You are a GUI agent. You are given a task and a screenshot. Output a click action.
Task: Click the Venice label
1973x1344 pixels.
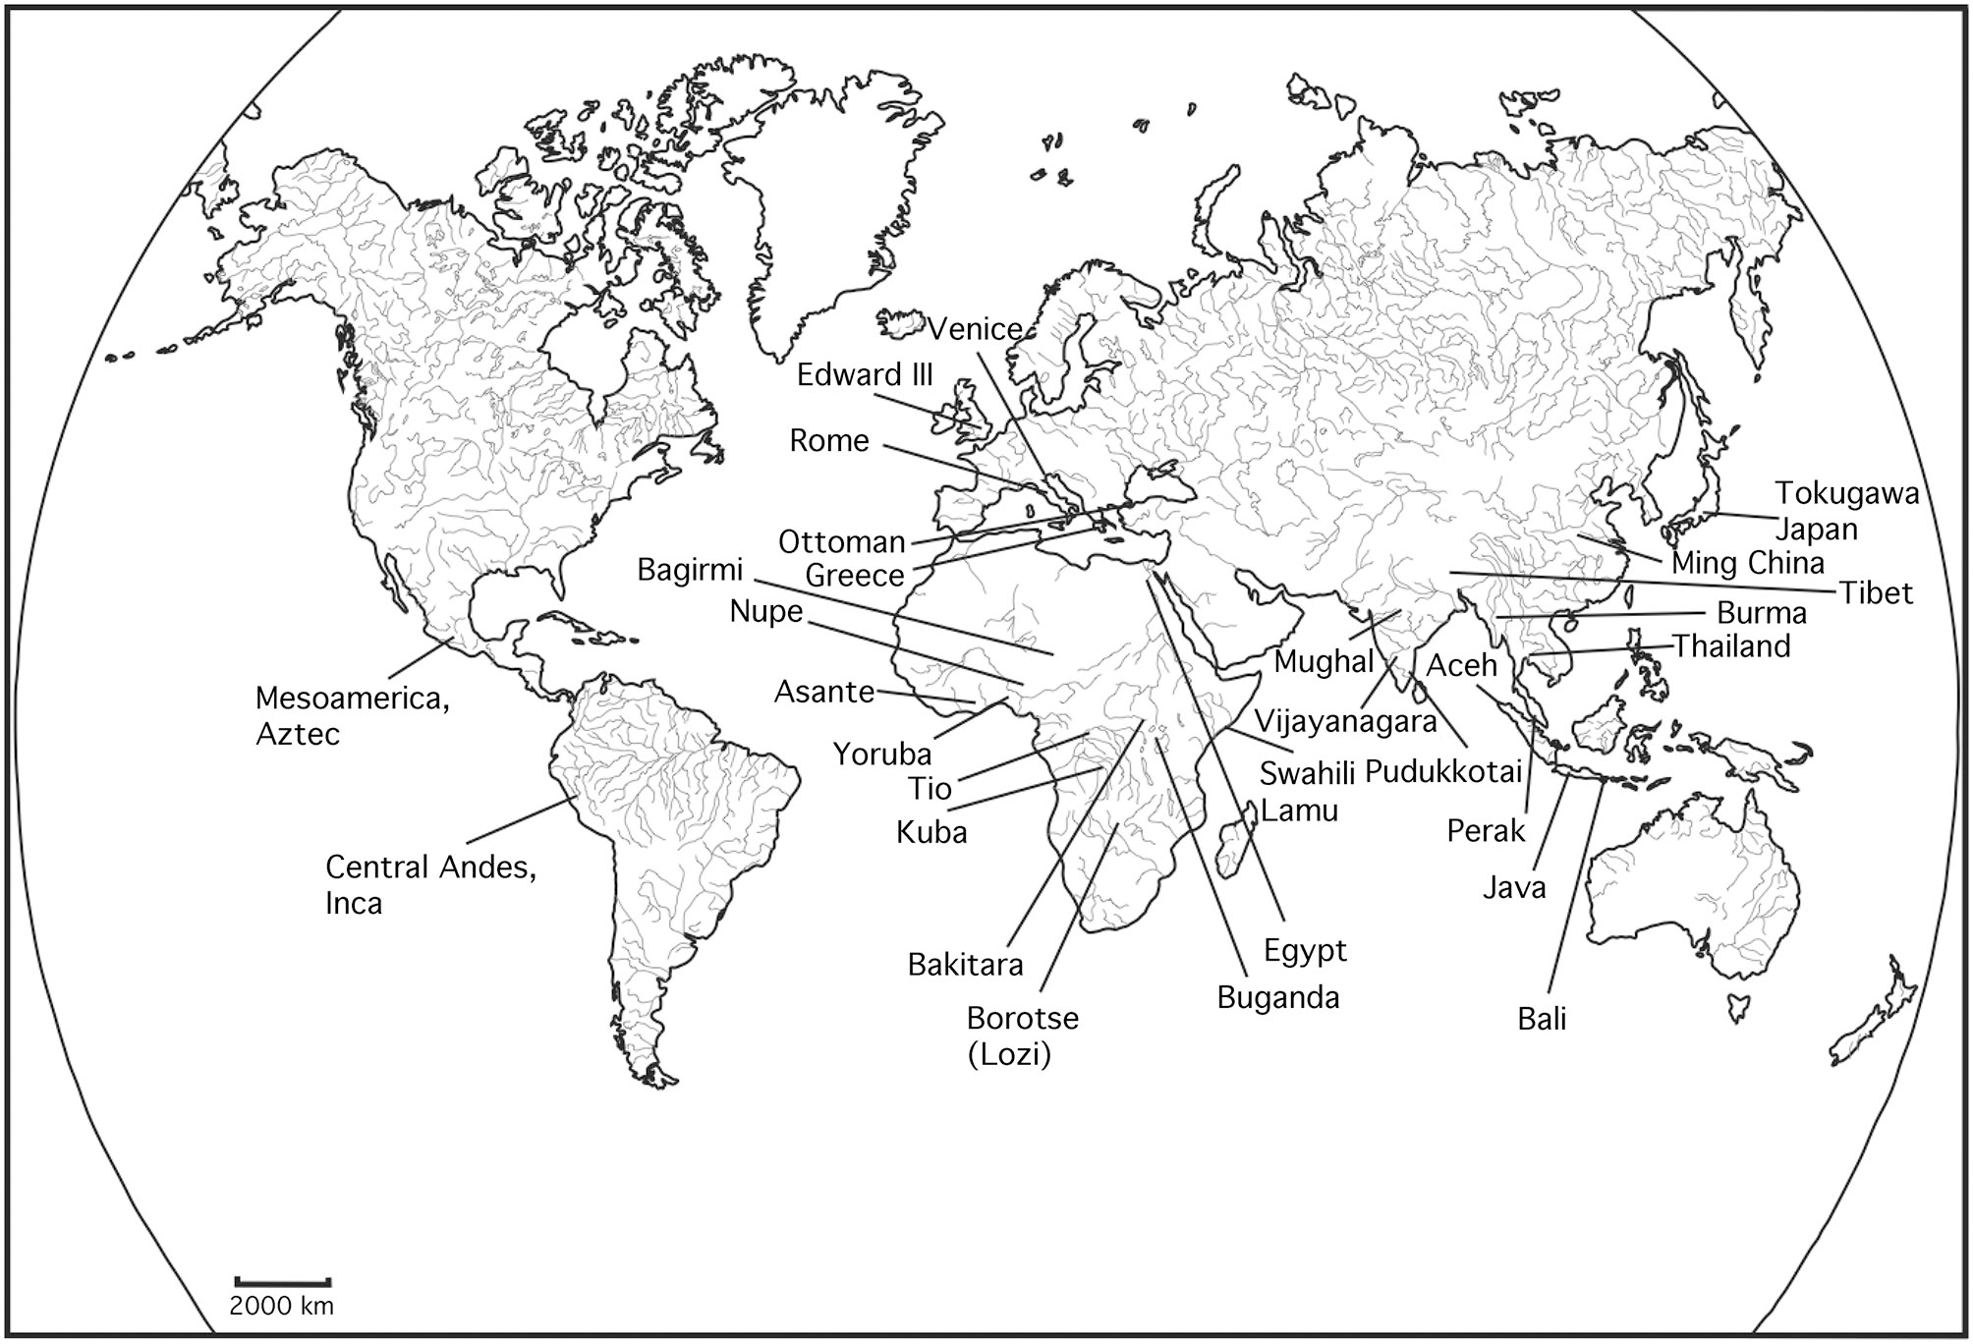pos(975,328)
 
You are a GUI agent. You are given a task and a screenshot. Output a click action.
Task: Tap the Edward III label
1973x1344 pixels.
pos(865,374)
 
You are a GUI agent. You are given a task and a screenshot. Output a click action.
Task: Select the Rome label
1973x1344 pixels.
pos(829,440)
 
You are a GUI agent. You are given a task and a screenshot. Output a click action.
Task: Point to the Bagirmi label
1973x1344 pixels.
pos(690,570)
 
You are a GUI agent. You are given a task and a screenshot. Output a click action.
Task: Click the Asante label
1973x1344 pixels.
pos(824,692)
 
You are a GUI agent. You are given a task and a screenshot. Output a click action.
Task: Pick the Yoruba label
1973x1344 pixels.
pos(882,754)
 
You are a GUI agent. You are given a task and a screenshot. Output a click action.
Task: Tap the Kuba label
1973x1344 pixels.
pos(931,832)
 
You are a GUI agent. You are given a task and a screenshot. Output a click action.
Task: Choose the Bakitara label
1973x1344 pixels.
pos(965,964)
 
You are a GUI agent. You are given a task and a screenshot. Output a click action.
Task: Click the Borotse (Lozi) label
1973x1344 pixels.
pos(1022,1036)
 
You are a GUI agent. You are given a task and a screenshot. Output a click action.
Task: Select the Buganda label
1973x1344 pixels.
pos(1277,997)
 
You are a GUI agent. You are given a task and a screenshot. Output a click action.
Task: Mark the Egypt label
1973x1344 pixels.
pos(1305,950)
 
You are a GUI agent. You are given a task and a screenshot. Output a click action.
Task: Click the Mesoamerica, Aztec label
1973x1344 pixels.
pos(352,715)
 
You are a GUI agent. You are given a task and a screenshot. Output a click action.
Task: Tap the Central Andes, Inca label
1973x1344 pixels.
pos(430,884)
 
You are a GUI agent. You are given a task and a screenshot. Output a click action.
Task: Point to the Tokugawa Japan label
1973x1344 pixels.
pos(1845,511)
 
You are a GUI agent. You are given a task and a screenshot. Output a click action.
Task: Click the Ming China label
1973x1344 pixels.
pos(1747,563)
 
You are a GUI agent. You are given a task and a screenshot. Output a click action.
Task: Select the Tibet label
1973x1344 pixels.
pos(1876,592)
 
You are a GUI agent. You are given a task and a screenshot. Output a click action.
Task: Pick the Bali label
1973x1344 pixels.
pos(1542,1019)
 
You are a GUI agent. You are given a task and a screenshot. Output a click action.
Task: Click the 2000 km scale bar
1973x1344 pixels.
pos(282,1282)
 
